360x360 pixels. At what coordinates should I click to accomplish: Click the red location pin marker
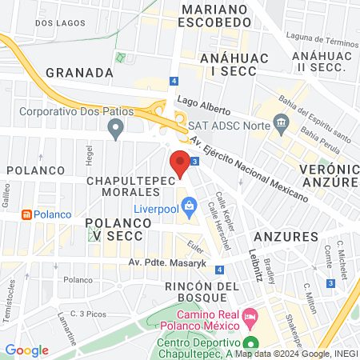(x=180, y=162)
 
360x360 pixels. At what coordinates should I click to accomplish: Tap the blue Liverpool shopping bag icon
(x=189, y=207)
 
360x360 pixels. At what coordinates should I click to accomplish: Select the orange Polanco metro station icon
(x=26, y=215)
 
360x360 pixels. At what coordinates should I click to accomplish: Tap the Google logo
(x=27, y=350)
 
